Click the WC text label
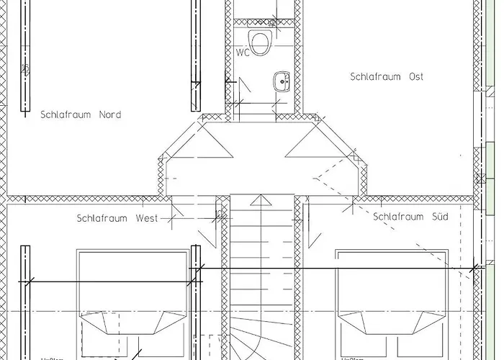coord(242,53)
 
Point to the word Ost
coord(415,76)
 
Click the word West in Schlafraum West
coord(146,218)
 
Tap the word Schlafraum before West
coord(102,218)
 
